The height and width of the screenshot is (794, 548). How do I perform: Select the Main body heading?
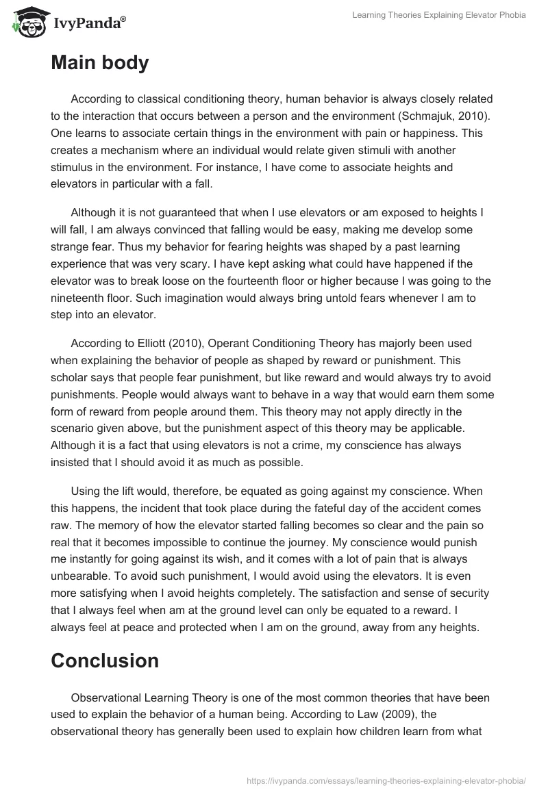pos(99,63)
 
